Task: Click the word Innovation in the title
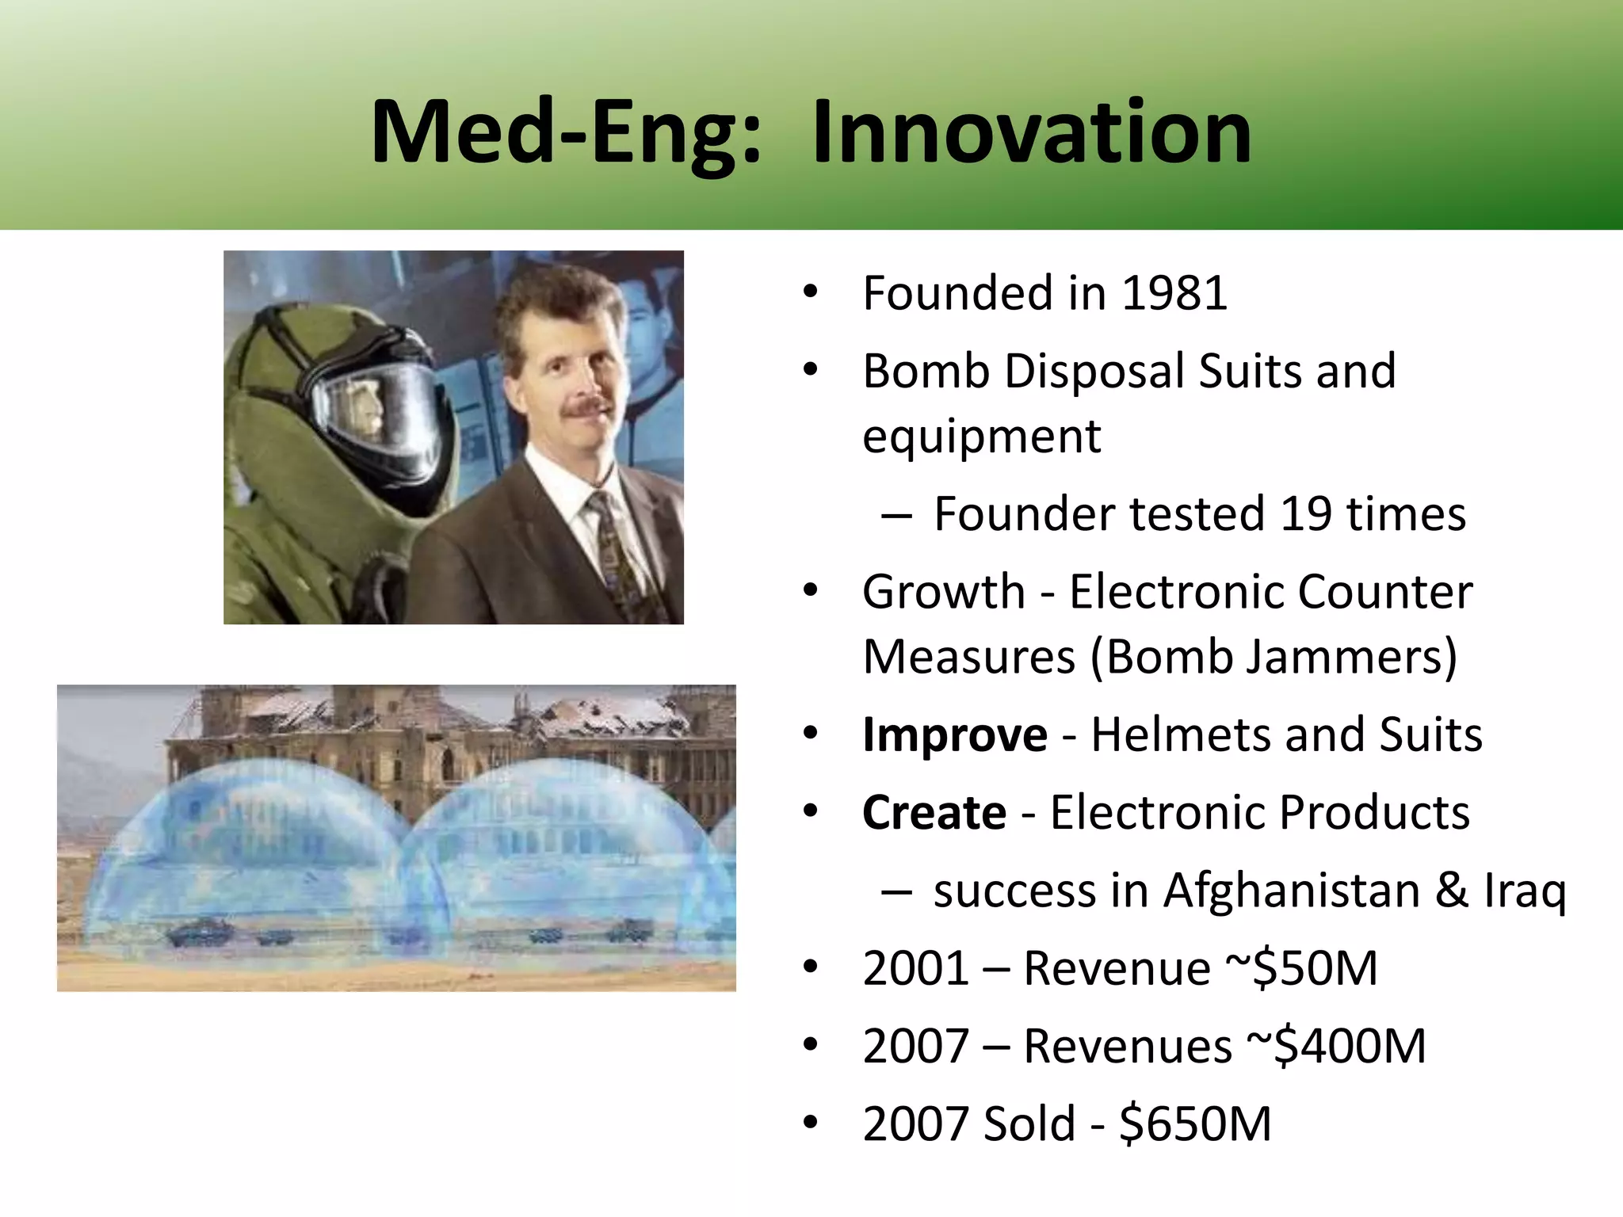point(1032,132)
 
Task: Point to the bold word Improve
point(954,735)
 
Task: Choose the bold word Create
point(934,813)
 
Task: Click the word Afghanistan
point(1291,891)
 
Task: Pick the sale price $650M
point(1195,1124)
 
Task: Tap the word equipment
point(981,437)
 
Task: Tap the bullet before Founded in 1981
point(809,293)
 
